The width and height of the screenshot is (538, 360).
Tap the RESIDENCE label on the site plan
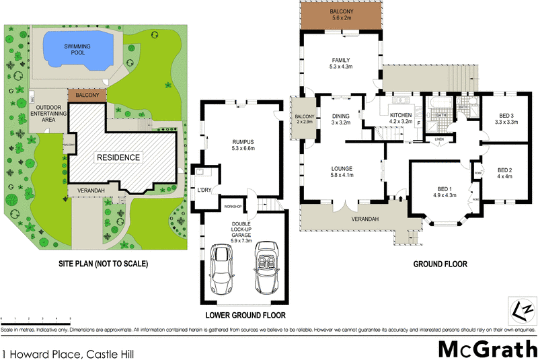pyautogui.click(x=118, y=157)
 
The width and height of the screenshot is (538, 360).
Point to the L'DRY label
pyautogui.click(x=203, y=190)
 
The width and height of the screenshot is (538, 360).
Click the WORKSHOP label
pyautogui.click(x=233, y=205)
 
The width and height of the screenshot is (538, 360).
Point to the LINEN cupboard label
pyautogui.click(x=438, y=139)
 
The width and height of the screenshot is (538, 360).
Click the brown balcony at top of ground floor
pyautogui.click(x=341, y=15)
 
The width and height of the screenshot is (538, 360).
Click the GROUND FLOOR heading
pyautogui.click(x=439, y=264)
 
